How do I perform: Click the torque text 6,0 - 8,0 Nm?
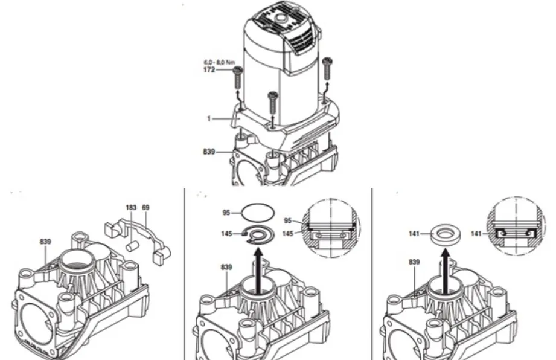(219, 62)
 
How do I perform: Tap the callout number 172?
(209, 70)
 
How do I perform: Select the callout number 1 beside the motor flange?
(209, 118)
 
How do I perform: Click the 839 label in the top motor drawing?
(209, 152)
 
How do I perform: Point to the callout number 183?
(131, 208)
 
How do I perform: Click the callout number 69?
(145, 208)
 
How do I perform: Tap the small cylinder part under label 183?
(132, 246)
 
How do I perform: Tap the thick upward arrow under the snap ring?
(259, 271)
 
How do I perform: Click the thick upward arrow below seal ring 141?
(446, 271)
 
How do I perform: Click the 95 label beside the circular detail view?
(287, 220)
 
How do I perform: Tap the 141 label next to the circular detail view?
(476, 233)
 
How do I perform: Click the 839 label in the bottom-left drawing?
(45, 242)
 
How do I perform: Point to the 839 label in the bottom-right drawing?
(414, 262)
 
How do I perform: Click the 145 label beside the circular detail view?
(287, 234)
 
